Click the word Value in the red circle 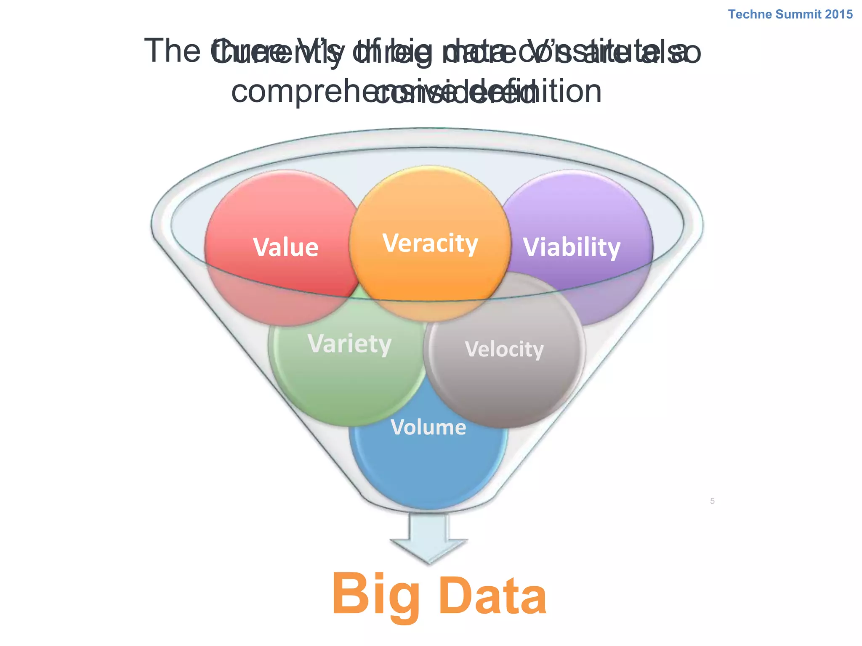pyautogui.click(x=286, y=247)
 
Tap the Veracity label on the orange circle pyautogui.click(x=430, y=244)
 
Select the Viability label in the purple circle pyautogui.click(x=572, y=247)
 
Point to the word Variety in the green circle pyautogui.click(x=349, y=344)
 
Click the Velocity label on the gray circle pyautogui.click(x=504, y=349)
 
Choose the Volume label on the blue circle pyautogui.click(x=428, y=427)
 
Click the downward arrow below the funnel pyautogui.click(x=428, y=538)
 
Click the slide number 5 pyautogui.click(x=712, y=501)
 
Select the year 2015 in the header pyautogui.click(x=839, y=14)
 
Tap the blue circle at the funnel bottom pyautogui.click(x=428, y=471)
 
